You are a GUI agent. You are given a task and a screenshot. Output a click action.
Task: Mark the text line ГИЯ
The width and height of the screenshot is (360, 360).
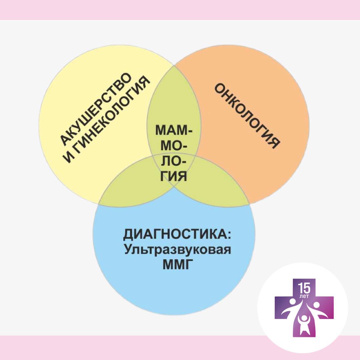[x=174, y=176]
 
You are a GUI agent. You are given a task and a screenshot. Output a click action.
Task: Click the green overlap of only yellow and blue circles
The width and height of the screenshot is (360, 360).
[x=130, y=190]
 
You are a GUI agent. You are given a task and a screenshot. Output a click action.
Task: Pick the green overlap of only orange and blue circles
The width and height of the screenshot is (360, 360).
[x=217, y=190]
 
